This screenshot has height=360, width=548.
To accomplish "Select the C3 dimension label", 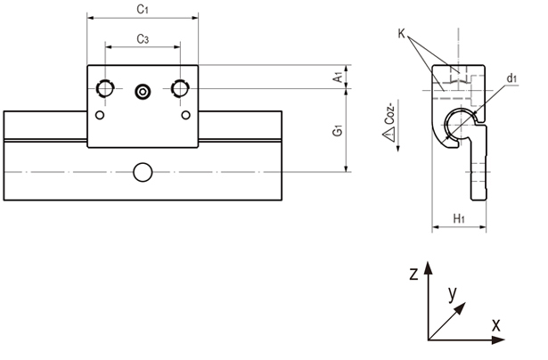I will point(142,38).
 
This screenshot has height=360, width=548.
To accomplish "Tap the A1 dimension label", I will point(339,78).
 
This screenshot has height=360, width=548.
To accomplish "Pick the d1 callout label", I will point(511,79).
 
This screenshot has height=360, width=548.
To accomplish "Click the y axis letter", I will point(453,291).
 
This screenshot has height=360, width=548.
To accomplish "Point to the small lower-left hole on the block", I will point(100,114).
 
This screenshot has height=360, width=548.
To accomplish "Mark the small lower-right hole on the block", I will point(185,114).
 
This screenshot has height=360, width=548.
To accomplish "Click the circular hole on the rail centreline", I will point(143,171).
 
